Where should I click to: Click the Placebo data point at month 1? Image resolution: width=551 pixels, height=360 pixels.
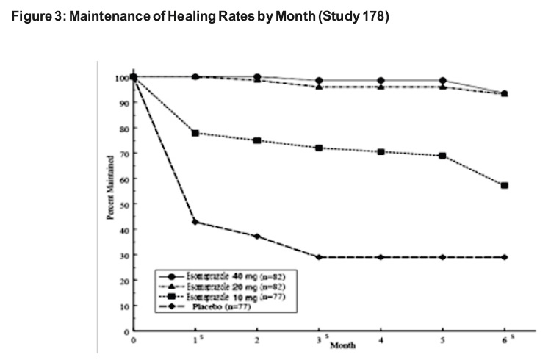point(195,222)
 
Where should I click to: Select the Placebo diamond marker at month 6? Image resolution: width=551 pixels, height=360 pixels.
point(505,257)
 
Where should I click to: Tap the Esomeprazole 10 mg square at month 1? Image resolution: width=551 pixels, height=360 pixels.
point(195,133)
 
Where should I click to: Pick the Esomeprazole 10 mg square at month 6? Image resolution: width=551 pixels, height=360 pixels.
point(505,186)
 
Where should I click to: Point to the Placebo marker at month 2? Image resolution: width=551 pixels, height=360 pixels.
point(256,237)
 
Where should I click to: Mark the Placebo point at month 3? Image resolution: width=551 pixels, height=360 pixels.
point(319,257)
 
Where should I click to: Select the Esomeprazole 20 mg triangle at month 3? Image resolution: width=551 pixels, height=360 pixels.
point(319,87)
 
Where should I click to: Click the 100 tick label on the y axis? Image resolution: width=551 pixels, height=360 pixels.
point(121,78)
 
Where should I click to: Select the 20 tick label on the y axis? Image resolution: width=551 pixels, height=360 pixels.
point(124,281)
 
